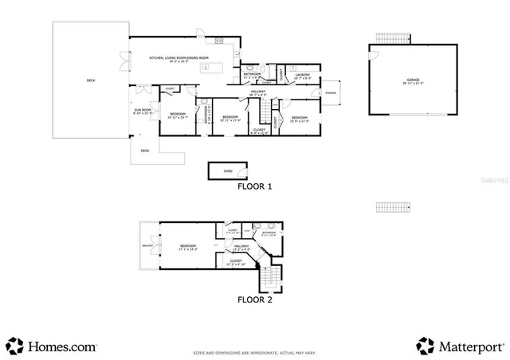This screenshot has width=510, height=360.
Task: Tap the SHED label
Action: (x=227, y=170)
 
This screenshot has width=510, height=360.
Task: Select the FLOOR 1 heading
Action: (x=255, y=187)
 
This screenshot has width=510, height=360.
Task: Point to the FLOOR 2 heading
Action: (x=255, y=299)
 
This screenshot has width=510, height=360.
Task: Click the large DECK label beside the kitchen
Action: (x=90, y=80)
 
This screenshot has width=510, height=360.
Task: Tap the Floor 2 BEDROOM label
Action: (x=188, y=247)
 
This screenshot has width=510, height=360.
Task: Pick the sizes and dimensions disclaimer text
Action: (x=255, y=352)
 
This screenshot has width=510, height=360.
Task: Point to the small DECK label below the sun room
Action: (x=145, y=150)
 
